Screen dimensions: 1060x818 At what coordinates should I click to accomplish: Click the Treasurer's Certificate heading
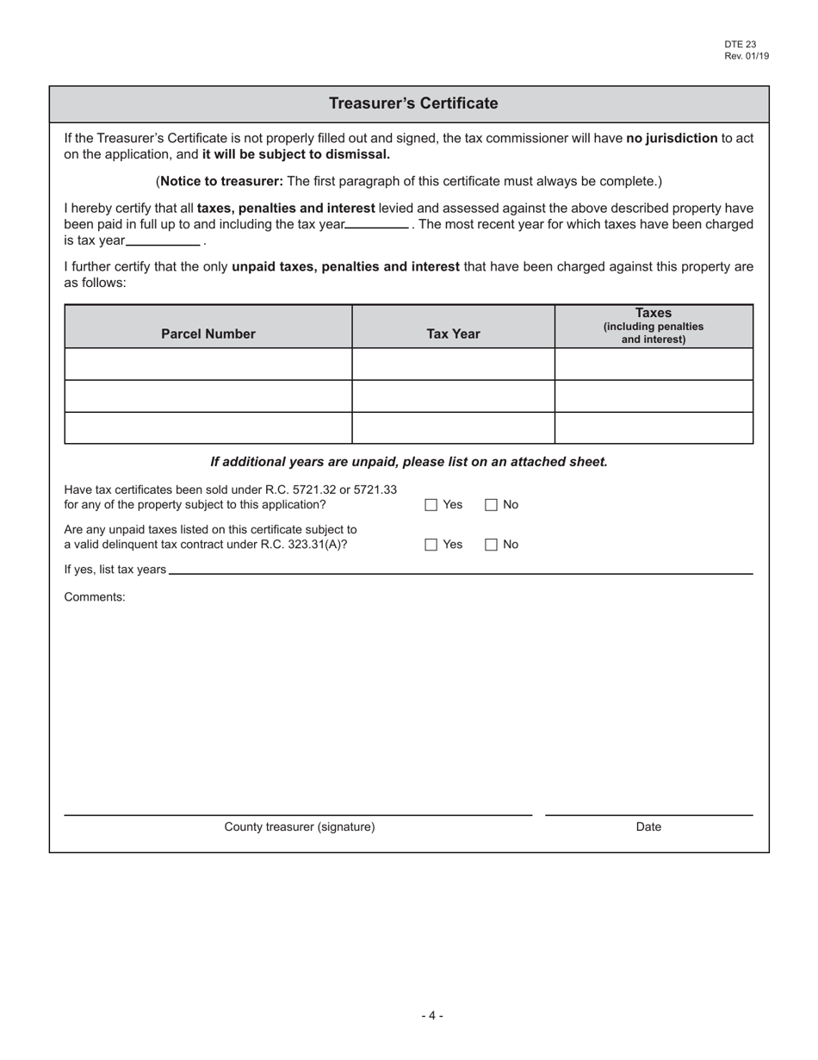pyautogui.click(x=413, y=103)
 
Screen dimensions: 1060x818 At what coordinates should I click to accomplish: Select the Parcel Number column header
pyautogui.click(x=208, y=334)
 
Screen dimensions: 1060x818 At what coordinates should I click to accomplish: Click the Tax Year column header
pyautogui.click(x=453, y=334)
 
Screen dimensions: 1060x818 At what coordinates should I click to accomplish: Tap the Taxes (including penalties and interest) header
pyautogui.click(x=654, y=326)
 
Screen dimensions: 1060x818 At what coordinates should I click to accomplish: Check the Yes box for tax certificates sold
pyautogui.click(x=431, y=506)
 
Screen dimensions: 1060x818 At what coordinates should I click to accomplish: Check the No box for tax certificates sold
pyautogui.click(x=491, y=506)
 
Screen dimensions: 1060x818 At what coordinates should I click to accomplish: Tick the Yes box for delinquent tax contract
pyautogui.click(x=431, y=545)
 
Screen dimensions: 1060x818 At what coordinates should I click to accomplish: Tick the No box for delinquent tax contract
pyautogui.click(x=491, y=545)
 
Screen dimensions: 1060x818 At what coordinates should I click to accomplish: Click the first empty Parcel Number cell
pyautogui.click(x=208, y=364)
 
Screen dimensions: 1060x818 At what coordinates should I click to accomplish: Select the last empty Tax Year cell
pyautogui.click(x=453, y=428)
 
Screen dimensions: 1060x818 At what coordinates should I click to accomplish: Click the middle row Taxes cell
pyautogui.click(x=654, y=396)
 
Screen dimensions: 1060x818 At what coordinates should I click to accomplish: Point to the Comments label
pyautogui.click(x=95, y=596)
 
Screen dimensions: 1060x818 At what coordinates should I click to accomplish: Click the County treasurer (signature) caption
pyautogui.click(x=300, y=827)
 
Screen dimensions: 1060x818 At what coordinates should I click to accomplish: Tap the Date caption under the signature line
pyautogui.click(x=648, y=827)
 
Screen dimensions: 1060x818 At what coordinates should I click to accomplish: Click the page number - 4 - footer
pyautogui.click(x=432, y=1016)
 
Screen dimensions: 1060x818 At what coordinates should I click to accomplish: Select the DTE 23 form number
pyautogui.click(x=740, y=45)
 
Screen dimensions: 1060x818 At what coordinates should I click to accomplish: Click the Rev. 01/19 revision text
pyautogui.click(x=747, y=56)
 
